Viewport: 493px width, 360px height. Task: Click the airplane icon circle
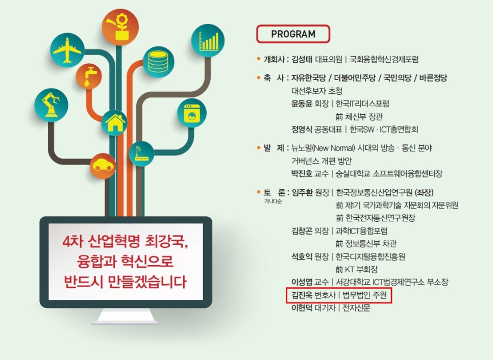(x=67, y=50)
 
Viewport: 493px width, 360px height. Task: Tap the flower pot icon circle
(x=120, y=28)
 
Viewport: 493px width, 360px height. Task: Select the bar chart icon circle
(x=208, y=40)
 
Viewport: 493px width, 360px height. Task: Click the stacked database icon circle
(x=158, y=62)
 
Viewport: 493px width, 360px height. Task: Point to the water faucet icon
(x=89, y=76)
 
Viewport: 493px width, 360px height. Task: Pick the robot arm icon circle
(x=51, y=105)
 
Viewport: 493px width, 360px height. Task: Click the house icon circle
(x=114, y=122)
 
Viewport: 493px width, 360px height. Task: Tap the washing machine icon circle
(x=191, y=113)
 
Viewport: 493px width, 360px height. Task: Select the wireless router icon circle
(x=141, y=154)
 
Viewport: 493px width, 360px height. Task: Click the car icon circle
(x=103, y=166)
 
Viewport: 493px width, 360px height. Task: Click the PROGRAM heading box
(x=293, y=34)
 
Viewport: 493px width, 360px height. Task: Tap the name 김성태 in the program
(x=302, y=59)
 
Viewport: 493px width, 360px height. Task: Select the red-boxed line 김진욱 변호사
(x=339, y=295)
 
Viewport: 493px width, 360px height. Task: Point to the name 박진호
(x=301, y=173)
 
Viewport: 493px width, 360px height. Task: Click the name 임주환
(x=302, y=193)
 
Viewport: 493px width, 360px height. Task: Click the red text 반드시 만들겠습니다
(x=125, y=281)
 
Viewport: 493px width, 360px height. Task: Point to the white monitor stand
(x=125, y=316)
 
